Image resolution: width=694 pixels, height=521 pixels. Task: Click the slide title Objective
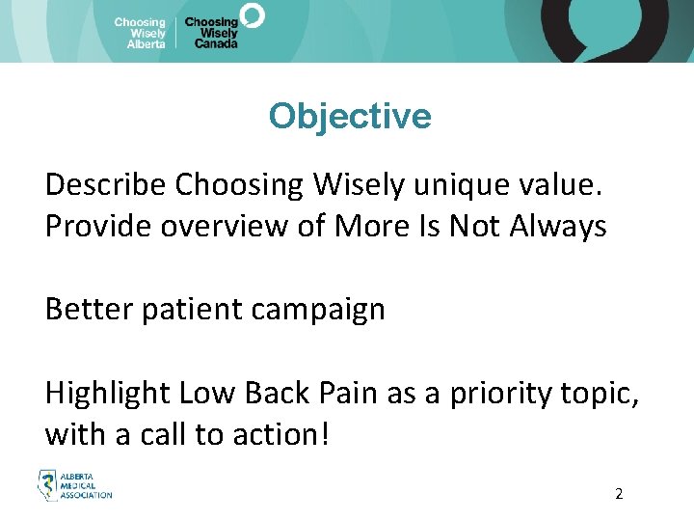coord(350,116)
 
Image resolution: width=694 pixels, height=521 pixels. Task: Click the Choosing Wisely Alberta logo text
coord(140,33)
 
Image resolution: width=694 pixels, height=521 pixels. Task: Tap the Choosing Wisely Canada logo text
coord(212,33)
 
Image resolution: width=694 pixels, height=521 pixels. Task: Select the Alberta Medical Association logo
coord(74,485)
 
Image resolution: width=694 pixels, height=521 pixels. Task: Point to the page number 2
coord(619,494)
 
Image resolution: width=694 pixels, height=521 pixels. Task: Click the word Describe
coord(106,183)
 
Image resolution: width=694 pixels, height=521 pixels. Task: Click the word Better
coord(87,310)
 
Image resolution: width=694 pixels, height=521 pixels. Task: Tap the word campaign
coord(323,310)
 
